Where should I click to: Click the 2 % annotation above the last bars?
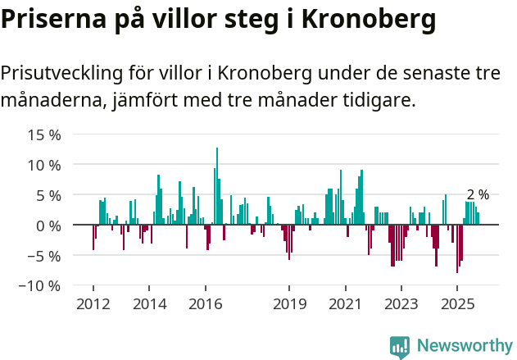(478, 195)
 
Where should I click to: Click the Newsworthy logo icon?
(400, 347)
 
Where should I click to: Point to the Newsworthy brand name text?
(464, 346)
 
